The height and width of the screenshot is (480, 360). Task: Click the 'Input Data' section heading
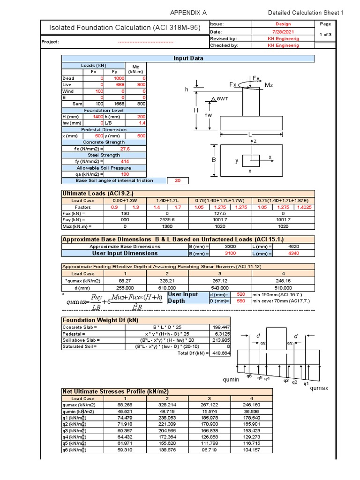(188, 59)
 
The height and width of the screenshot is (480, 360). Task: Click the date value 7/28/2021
(283, 31)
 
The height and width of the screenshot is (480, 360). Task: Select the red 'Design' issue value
(283, 23)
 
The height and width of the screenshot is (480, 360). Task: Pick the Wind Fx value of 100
(98, 91)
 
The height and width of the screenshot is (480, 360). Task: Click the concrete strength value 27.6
(125, 148)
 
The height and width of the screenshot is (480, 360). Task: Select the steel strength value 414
(124, 161)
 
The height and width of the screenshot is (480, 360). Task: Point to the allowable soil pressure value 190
(124, 174)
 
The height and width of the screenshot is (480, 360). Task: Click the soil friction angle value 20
(177, 180)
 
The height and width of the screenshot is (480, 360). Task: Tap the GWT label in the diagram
(222, 99)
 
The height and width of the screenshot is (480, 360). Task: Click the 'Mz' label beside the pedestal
(269, 85)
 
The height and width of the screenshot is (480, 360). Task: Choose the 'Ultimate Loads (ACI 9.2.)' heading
(98, 194)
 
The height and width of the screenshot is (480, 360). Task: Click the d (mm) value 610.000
(167, 287)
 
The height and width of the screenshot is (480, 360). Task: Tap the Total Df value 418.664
(220, 353)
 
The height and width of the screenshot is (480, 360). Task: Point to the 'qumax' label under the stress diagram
(320, 389)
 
